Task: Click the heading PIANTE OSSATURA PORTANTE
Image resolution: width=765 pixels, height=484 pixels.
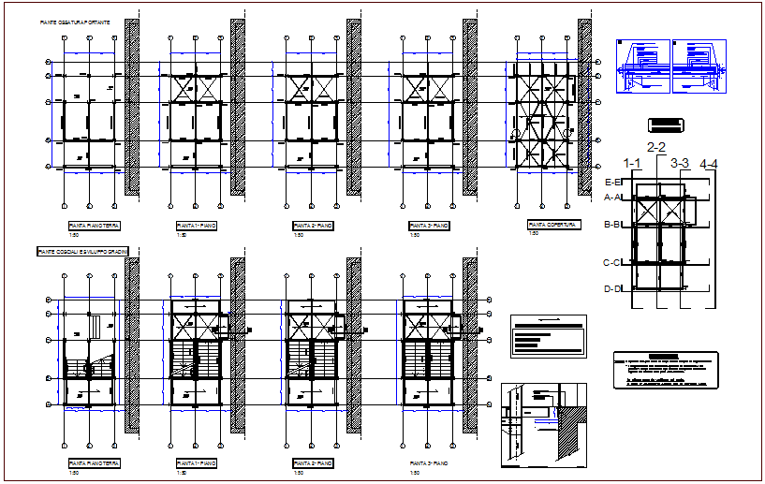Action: pyautogui.click(x=75, y=21)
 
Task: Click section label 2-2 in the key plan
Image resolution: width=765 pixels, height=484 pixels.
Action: pyautogui.click(x=656, y=147)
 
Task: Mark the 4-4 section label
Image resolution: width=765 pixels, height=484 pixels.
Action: pyautogui.click(x=709, y=164)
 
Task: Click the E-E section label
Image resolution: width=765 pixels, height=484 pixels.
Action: pyautogui.click(x=613, y=182)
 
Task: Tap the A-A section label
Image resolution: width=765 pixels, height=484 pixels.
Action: pyautogui.click(x=613, y=198)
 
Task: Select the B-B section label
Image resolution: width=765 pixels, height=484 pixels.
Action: pyautogui.click(x=613, y=225)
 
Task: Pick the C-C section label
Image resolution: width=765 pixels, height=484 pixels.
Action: pyautogui.click(x=613, y=263)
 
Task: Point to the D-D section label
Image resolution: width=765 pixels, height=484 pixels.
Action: pyautogui.click(x=613, y=288)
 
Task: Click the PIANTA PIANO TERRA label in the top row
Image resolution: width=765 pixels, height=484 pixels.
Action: pyautogui.click(x=94, y=227)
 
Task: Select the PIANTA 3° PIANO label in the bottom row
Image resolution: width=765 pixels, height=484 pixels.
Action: pyautogui.click(x=430, y=463)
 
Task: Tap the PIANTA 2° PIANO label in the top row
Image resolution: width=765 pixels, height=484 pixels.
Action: pyautogui.click(x=315, y=227)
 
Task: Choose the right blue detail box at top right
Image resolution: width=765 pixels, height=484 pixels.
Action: pyautogui.click(x=699, y=66)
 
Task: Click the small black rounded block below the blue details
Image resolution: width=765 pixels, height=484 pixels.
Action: pyautogui.click(x=664, y=124)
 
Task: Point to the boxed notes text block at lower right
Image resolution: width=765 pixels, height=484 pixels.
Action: pyautogui.click(x=665, y=371)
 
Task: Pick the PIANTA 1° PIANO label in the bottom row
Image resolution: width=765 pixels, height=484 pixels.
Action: pyautogui.click(x=198, y=463)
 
